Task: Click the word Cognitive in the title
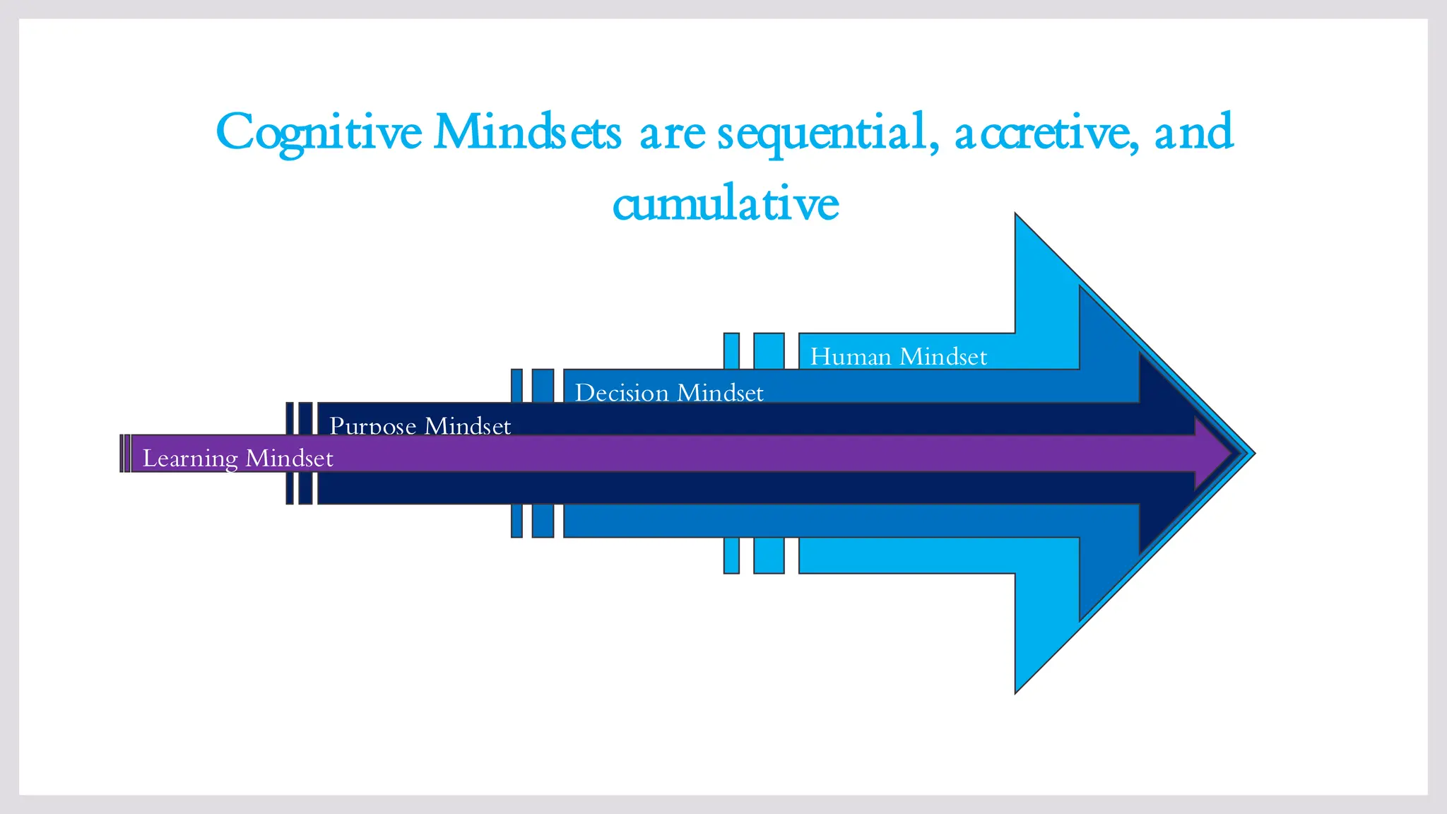pos(319,132)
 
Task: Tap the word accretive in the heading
pos(1046,132)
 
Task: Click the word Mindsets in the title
pos(527,132)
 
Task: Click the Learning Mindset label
pos(237,458)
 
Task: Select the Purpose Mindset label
pos(420,425)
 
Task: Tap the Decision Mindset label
pos(669,392)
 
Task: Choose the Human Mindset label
pos(898,356)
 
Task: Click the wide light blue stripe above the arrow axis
pos(769,350)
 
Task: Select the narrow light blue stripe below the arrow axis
pos(731,555)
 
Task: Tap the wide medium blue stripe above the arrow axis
pos(543,385)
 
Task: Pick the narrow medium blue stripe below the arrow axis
pos(516,521)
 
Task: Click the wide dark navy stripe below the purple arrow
pos(305,488)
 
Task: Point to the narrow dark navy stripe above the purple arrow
pos(290,418)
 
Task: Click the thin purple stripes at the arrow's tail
pos(125,454)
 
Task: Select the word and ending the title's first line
pos(1193,132)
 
